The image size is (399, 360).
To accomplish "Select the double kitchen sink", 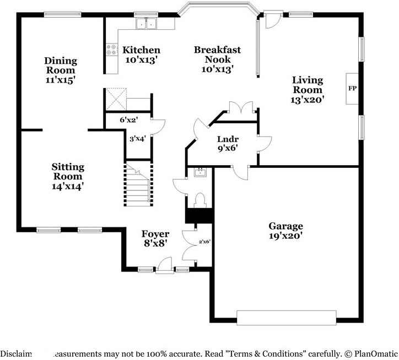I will (x=147, y=24).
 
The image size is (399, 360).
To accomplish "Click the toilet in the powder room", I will (x=199, y=199).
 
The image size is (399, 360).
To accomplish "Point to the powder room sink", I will (x=199, y=173).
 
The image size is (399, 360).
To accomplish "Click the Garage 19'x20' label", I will (x=285, y=231).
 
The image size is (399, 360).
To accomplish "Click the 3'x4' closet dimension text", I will (x=137, y=139).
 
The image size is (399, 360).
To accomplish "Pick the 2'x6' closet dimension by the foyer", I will (x=204, y=241).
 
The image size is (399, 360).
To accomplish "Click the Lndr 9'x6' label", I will (x=227, y=143).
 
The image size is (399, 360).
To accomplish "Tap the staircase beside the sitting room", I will (x=138, y=184).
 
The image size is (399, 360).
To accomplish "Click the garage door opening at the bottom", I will (x=285, y=318).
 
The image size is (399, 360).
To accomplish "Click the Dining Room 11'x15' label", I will (x=61, y=70).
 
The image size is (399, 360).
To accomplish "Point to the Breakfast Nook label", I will (x=217, y=54).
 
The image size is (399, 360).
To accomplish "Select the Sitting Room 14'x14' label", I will (x=68, y=176).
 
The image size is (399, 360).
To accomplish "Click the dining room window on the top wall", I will (x=59, y=15).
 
